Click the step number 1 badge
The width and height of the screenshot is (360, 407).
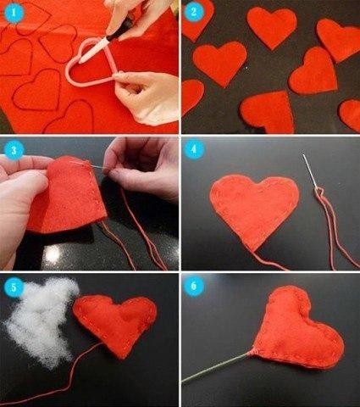coord(11,11)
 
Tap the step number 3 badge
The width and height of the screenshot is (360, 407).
coord(11,150)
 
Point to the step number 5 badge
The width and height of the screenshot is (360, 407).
coord(11,287)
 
